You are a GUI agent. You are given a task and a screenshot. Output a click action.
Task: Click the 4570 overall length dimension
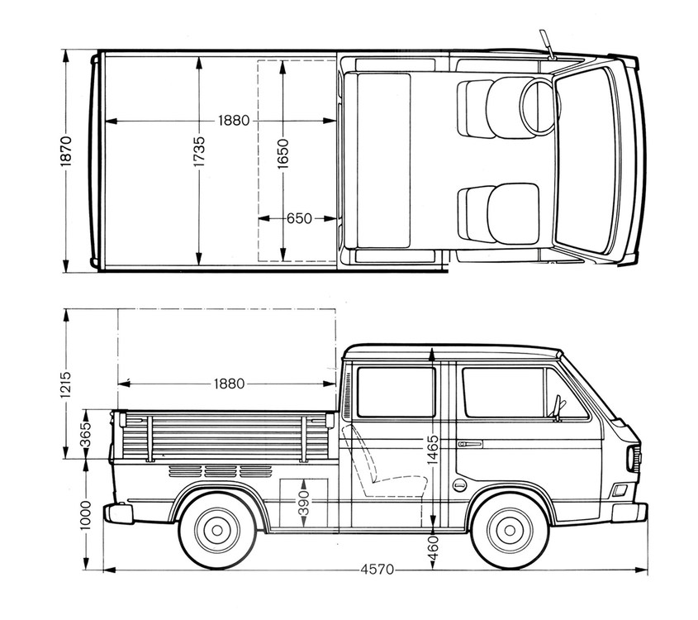click(377, 570)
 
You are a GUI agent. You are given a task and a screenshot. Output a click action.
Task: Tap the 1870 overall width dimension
click(66, 151)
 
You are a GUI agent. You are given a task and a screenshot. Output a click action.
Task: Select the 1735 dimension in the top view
click(199, 151)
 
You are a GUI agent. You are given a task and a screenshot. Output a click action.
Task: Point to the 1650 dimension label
click(283, 154)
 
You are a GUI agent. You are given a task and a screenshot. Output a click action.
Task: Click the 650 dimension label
click(299, 218)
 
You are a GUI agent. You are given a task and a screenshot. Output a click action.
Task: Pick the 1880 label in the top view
click(234, 120)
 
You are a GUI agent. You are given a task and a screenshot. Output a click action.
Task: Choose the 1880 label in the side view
click(230, 384)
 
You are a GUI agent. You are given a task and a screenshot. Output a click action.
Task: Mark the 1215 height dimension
click(66, 384)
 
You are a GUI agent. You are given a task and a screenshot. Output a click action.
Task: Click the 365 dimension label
click(85, 434)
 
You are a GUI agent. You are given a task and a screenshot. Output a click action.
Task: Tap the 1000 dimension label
click(85, 515)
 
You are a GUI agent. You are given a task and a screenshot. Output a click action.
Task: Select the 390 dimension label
click(303, 503)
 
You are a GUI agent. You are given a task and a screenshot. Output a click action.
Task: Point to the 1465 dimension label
click(433, 450)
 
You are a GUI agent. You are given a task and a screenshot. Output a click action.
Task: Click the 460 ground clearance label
click(433, 547)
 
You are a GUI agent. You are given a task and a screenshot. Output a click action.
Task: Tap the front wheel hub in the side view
click(510, 530)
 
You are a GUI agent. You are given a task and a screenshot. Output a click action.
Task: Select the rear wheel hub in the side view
click(217, 530)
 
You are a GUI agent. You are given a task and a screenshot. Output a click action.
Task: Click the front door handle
click(470, 444)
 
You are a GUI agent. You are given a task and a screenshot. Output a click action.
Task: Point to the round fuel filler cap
click(459, 484)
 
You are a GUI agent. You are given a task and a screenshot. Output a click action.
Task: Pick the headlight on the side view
click(632, 459)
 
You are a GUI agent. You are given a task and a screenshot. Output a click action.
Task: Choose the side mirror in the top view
click(547, 44)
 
